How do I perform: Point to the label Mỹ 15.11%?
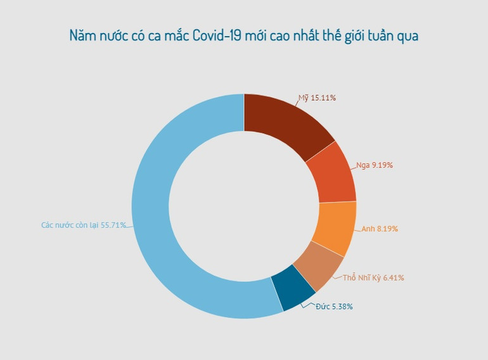(x=317, y=98)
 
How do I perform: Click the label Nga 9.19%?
(x=375, y=165)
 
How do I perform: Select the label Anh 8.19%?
(x=380, y=229)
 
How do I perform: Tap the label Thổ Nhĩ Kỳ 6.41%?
(x=373, y=278)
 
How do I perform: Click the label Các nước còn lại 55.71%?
(x=84, y=225)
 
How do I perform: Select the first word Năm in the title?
(x=83, y=36)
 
